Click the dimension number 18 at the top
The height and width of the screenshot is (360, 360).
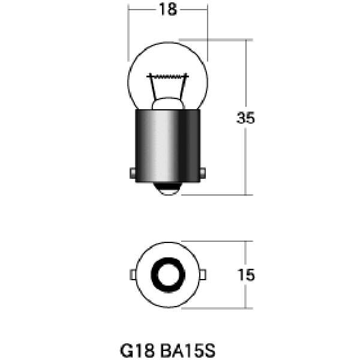click(169, 10)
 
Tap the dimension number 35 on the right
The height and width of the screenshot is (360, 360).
click(246, 118)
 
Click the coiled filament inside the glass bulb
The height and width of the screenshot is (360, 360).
click(169, 77)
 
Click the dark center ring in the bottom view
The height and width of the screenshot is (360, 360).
click(169, 274)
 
